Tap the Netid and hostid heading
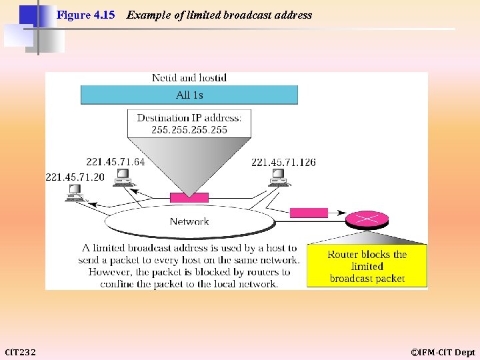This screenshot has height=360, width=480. pos(189,78)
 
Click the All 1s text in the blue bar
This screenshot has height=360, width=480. pos(189,95)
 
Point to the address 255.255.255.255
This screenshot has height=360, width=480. pos(189,129)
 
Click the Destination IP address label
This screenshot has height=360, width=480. pos(189,118)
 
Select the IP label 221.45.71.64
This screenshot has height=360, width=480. pos(115,162)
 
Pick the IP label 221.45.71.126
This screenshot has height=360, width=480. pos(283,162)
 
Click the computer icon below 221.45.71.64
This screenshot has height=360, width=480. pos(123,177)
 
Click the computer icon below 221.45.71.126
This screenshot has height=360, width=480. pos(278,177)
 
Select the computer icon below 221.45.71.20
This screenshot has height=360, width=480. pos(74,193)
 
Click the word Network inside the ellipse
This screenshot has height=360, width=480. pos(189,221)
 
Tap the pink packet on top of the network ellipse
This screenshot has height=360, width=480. pos(189,197)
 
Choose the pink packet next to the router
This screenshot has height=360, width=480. pos(309,213)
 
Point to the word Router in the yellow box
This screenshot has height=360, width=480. pos(343,255)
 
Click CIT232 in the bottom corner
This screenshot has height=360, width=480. pos(21,352)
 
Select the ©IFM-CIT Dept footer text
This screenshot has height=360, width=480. pos(443,352)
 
